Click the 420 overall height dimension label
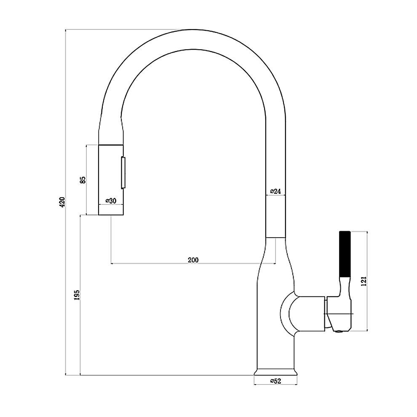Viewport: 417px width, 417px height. click(62, 202)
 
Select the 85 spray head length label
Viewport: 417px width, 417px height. click(83, 180)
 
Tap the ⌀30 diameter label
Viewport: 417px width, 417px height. click(111, 201)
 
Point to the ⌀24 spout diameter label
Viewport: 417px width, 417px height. click(275, 191)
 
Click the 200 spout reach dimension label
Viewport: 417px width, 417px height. click(193, 260)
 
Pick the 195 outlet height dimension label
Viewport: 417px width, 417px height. click(77, 295)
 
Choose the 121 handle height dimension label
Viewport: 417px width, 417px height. click(364, 281)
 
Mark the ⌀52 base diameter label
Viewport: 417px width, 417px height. click(275, 381)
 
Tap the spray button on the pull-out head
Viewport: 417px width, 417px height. click(123, 173)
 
